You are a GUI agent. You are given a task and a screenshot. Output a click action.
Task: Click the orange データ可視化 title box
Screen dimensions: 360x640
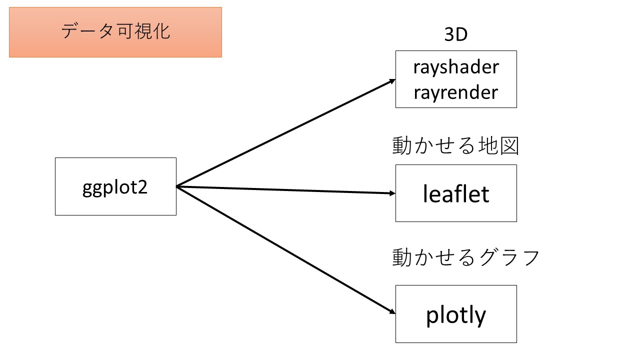pyautogui.click(x=115, y=32)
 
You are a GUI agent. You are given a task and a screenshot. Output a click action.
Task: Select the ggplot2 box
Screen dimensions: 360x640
pyautogui.click(x=115, y=186)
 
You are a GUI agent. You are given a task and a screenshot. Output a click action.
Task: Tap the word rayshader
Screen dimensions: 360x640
pyautogui.click(x=456, y=67)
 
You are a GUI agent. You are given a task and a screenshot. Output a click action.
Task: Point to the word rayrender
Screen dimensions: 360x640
pyautogui.click(x=456, y=92)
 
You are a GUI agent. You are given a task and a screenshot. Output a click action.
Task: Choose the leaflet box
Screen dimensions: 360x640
pyautogui.click(x=456, y=193)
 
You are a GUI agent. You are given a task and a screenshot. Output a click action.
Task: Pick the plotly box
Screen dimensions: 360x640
pyautogui.click(x=456, y=314)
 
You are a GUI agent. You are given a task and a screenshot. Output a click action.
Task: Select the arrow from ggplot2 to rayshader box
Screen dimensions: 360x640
pyautogui.click(x=285, y=132)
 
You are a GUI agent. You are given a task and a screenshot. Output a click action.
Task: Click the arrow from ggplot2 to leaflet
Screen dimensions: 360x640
pyautogui.click(x=285, y=190)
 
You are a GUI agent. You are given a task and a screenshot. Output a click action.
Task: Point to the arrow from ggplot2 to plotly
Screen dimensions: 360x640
pyautogui.click(x=285, y=250)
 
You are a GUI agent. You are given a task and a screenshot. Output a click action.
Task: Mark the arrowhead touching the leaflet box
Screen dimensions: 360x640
pyautogui.click(x=391, y=193)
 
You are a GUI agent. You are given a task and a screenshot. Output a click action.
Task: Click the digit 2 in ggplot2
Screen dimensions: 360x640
pyautogui.click(x=143, y=188)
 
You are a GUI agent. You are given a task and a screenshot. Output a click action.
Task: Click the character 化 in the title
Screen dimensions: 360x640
pyautogui.click(x=161, y=31)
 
